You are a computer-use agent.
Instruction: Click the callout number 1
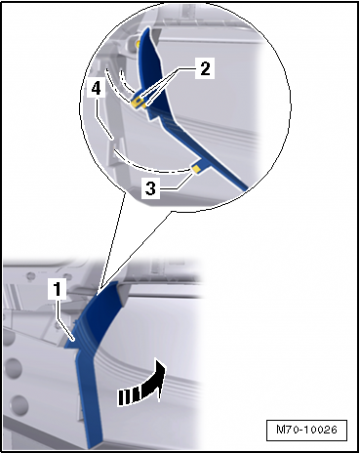coord(58,289)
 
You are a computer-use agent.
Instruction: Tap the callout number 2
coord(205,68)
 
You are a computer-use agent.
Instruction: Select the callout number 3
coord(150,188)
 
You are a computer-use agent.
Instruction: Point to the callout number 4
coord(96,88)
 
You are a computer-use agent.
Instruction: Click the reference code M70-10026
coord(306,430)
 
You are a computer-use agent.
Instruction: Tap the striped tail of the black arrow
coord(129,396)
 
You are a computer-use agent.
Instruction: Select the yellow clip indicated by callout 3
coord(196,169)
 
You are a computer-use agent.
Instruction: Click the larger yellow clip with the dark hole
coord(138,103)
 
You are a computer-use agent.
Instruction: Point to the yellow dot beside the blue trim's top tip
coord(138,43)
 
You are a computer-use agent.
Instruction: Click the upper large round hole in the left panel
coord(14,368)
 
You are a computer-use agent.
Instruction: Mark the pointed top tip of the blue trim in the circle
coord(148,28)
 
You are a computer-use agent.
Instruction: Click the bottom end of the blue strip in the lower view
coord(95,445)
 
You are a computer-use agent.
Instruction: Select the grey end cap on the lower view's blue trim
coord(121,292)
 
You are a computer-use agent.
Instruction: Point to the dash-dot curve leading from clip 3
coord(149,164)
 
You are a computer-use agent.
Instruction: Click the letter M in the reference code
coord(280,430)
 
